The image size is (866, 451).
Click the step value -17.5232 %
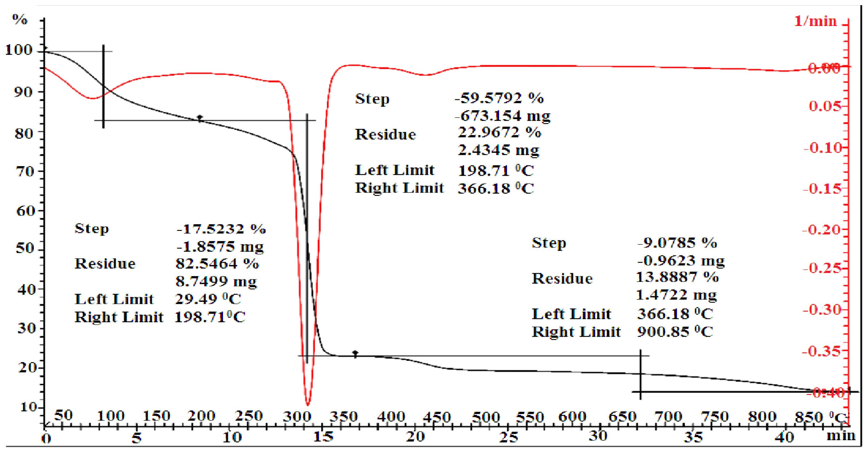(x=221, y=229)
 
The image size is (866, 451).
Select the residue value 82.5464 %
(x=217, y=264)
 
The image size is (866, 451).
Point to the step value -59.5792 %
(x=499, y=98)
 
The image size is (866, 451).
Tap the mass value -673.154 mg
(x=502, y=116)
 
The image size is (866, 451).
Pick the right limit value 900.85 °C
(x=675, y=332)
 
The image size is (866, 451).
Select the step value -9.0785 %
(x=677, y=243)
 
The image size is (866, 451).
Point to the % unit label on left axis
(x=20, y=19)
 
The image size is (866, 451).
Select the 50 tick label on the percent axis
(x=25, y=249)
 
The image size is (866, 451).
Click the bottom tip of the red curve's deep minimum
(x=308, y=405)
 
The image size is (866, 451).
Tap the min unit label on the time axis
(x=841, y=436)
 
